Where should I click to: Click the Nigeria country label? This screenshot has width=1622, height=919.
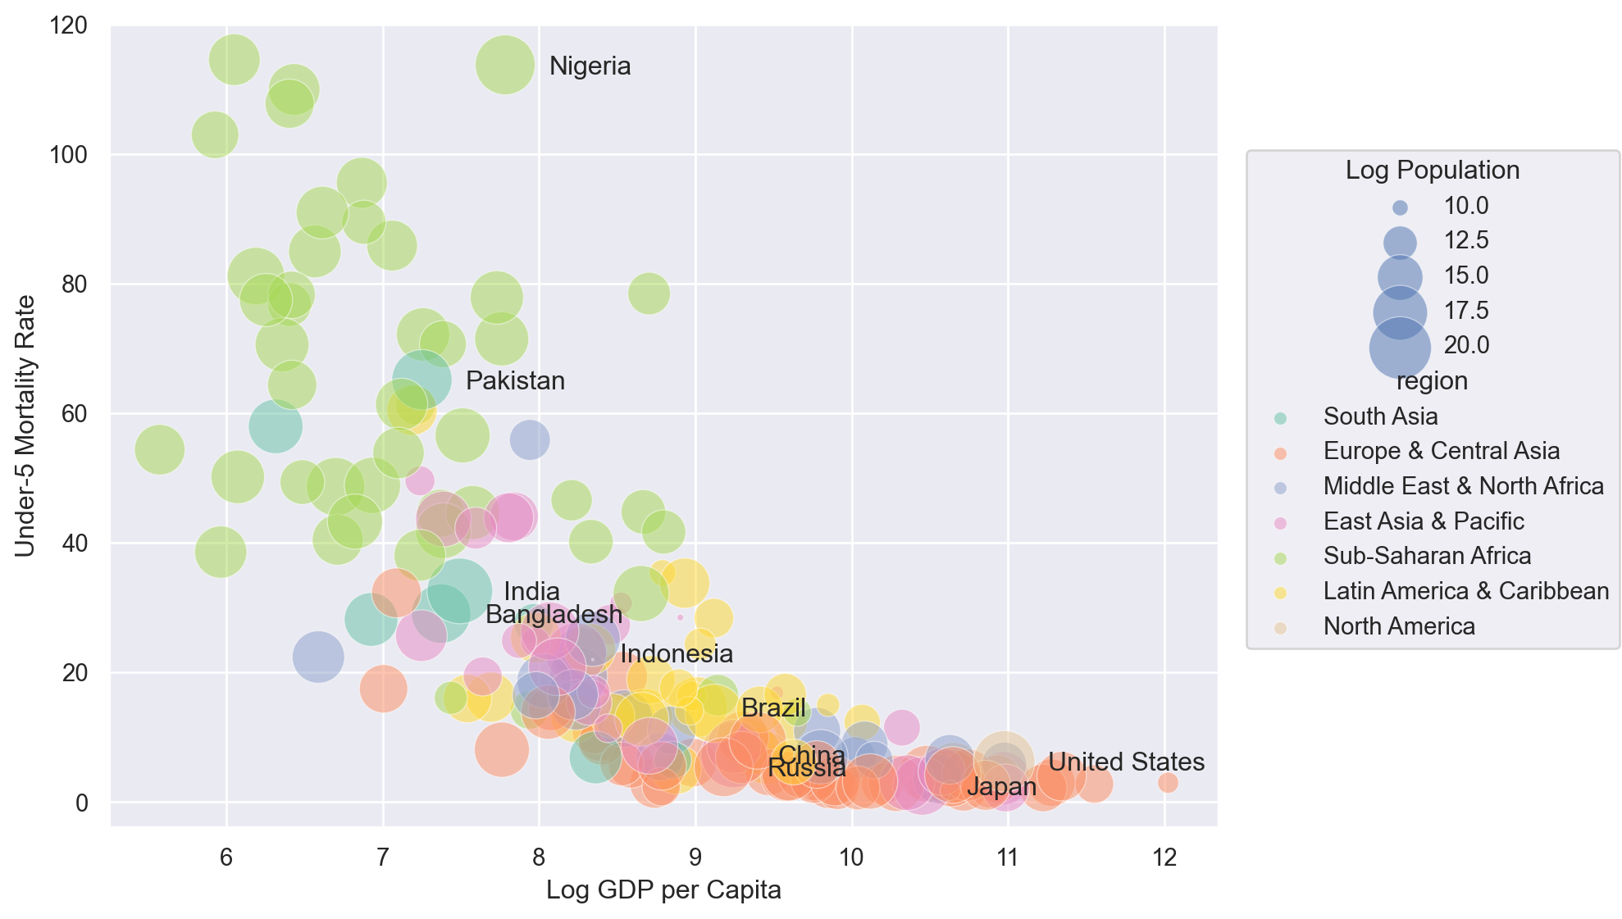point(590,66)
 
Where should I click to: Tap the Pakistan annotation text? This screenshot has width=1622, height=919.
point(515,381)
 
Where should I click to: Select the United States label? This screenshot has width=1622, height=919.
point(1126,762)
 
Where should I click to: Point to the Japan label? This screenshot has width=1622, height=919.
point(1001,787)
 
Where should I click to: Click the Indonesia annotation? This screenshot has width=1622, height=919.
point(677,654)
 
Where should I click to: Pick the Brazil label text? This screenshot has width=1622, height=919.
point(773,708)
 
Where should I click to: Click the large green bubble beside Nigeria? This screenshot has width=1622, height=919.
point(505,65)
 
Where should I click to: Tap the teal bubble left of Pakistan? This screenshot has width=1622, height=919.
point(421,380)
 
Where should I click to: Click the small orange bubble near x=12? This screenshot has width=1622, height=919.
point(1168,783)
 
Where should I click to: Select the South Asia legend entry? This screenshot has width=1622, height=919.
point(1380,416)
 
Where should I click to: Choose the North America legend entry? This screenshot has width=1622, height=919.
point(1398,626)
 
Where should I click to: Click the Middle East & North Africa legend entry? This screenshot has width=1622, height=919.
point(1463,486)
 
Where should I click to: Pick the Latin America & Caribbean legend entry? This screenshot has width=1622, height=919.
point(1465,591)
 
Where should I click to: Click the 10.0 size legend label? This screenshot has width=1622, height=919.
point(1465,206)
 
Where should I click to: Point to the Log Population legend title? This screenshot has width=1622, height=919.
point(1432,171)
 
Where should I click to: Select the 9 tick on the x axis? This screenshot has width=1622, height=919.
point(695,858)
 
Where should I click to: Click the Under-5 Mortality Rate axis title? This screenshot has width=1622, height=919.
point(25,425)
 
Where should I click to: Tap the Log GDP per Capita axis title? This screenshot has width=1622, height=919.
point(663,890)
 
